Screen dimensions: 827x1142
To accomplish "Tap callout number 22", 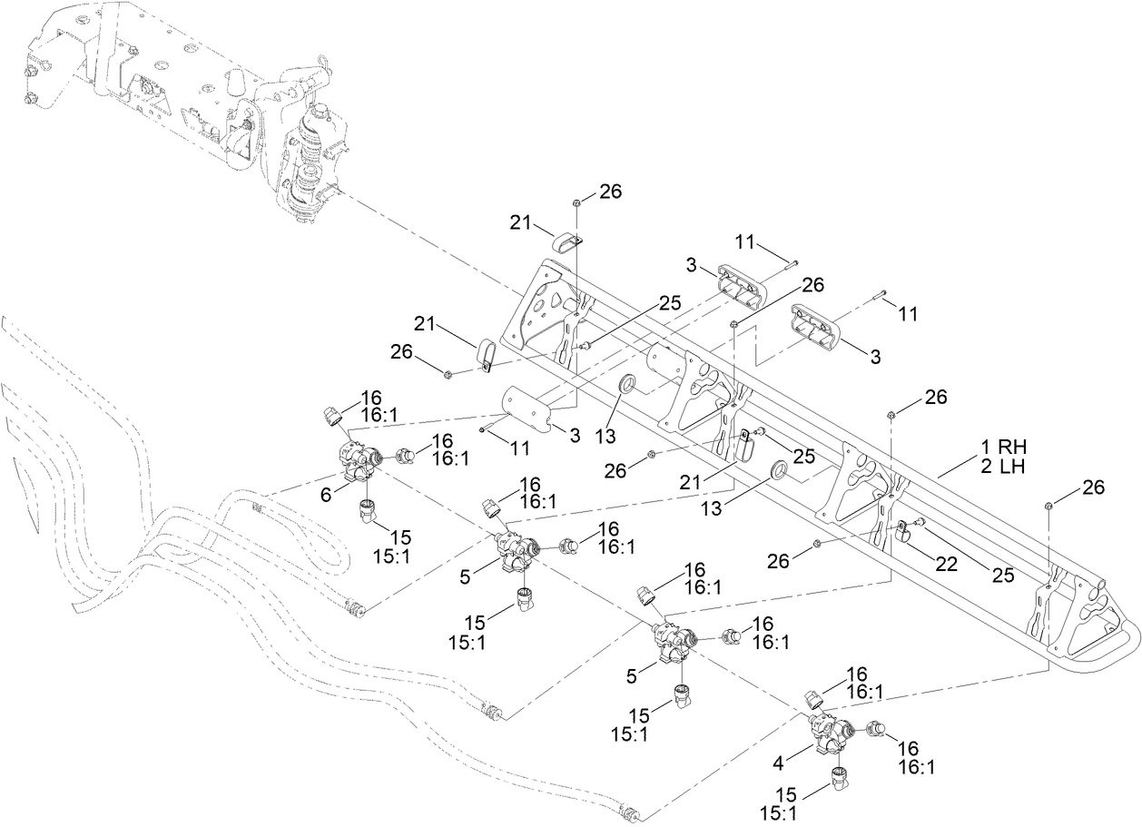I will [x=947, y=564].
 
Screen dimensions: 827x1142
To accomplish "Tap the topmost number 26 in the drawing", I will [x=610, y=192].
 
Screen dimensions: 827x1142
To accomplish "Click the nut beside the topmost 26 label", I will [x=577, y=202].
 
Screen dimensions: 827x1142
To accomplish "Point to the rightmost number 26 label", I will [x=1093, y=487].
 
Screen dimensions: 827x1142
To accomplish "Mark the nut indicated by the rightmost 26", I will [x=1049, y=506].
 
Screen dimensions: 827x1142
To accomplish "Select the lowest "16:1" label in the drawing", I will [x=916, y=767].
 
